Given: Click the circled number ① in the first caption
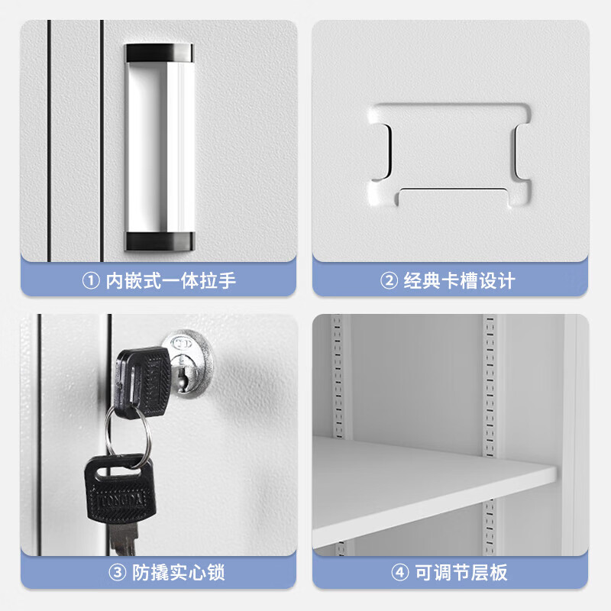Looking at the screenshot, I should (90, 281).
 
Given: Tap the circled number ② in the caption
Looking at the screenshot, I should (390, 281).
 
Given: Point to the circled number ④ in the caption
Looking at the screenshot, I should (400, 571).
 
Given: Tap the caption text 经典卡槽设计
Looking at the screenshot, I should (459, 281).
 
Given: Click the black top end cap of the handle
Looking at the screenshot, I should (160, 53).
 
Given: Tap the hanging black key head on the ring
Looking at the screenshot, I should (119, 489).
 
